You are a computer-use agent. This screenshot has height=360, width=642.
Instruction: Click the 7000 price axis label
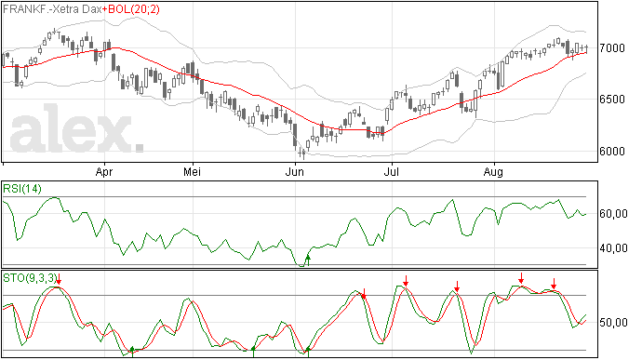612,48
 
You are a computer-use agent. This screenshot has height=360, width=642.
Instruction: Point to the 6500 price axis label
612,100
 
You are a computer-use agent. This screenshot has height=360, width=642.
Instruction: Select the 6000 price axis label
612,151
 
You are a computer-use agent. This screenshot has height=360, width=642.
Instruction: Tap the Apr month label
104,172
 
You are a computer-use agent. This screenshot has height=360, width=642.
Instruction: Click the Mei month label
192,171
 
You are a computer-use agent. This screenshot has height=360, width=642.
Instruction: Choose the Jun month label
295,171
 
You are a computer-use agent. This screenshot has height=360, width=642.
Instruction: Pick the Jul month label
392,171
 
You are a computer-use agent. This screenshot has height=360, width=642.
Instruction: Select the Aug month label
493,172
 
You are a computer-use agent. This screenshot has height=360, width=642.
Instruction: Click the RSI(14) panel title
22,189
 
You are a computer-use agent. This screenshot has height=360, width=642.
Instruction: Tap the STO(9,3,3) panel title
29,278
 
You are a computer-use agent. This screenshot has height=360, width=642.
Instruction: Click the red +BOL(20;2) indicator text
131,9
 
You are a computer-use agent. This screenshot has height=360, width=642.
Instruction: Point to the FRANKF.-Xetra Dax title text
52,9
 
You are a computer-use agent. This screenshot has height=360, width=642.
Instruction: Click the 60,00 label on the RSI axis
613,214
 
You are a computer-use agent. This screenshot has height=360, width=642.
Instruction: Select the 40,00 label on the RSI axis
613,248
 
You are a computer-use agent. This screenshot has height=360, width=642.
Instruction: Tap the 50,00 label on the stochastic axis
613,323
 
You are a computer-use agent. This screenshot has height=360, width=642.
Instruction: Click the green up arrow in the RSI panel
308,260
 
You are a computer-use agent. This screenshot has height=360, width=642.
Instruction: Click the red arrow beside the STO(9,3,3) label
59,279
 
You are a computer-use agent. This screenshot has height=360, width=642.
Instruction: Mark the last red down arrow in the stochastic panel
554,284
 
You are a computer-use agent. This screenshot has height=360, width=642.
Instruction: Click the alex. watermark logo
76,128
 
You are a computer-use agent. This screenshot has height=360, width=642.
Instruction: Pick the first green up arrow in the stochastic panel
132,352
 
